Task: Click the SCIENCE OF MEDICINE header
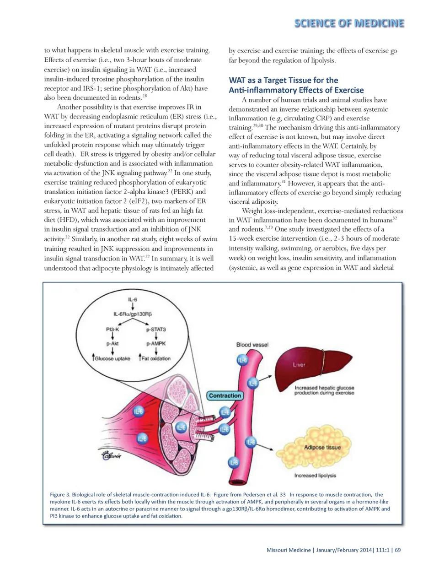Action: [x=349, y=23]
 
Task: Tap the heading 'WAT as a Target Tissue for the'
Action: [x=284, y=80]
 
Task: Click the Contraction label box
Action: [x=225, y=395]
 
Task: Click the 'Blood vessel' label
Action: [x=252, y=345]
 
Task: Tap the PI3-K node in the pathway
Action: [x=112, y=329]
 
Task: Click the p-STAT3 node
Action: [x=156, y=329]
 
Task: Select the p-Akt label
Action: [x=112, y=343]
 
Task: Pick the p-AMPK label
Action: [x=156, y=343]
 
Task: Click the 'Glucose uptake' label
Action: [x=112, y=358]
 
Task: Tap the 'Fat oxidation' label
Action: [x=155, y=358]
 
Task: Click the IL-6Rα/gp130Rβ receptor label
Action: [x=133, y=314]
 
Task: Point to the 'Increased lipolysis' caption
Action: [x=315, y=476]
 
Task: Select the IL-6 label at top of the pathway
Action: [x=133, y=299]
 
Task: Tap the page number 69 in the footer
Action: [x=398, y=550]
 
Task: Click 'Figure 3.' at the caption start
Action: [x=59, y=494]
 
